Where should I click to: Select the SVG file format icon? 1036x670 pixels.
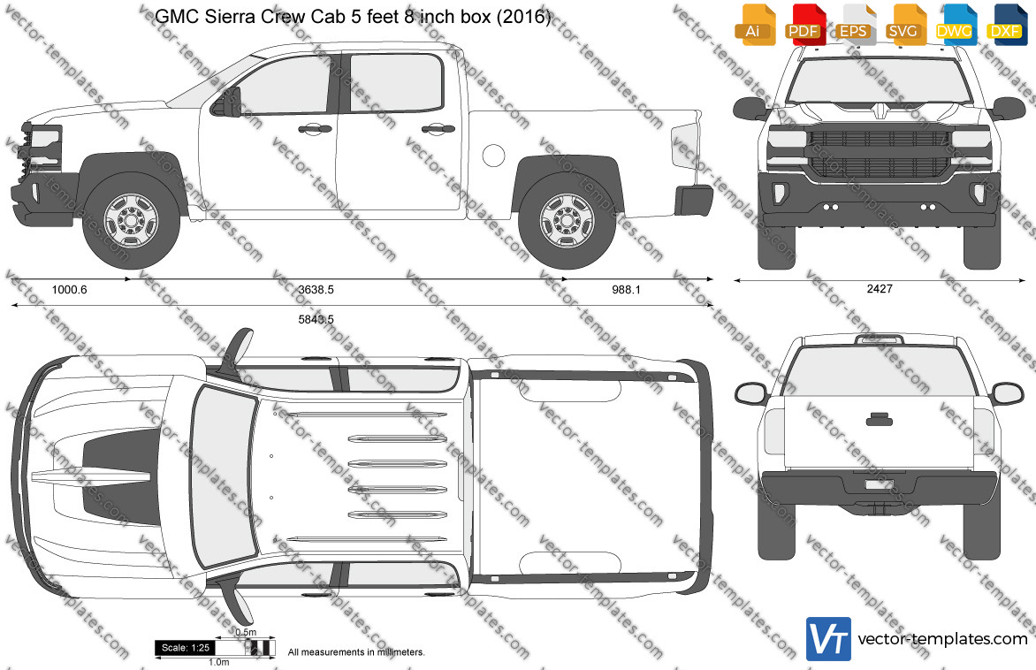904,25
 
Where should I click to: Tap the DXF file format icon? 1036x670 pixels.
1006,25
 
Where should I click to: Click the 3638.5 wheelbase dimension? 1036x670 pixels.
316,289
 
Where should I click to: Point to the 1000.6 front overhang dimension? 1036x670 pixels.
69,289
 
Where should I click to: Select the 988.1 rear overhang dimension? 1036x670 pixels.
626,289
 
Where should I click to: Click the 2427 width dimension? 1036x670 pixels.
880,289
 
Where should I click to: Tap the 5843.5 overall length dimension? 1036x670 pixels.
316,319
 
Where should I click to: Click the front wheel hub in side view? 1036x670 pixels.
131,220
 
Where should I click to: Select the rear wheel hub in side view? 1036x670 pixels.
567,220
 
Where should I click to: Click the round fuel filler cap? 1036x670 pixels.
493,155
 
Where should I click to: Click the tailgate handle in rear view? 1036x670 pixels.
880,419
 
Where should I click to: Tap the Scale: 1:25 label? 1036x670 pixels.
186,648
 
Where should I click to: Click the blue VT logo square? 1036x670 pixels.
828,639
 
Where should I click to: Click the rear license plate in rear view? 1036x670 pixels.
880,485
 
